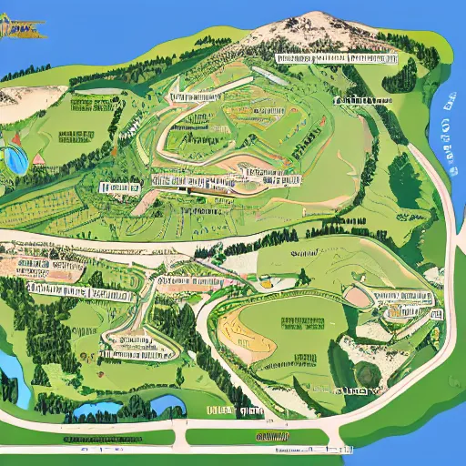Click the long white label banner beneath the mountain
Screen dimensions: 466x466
336,59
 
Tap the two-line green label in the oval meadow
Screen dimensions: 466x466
301,325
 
